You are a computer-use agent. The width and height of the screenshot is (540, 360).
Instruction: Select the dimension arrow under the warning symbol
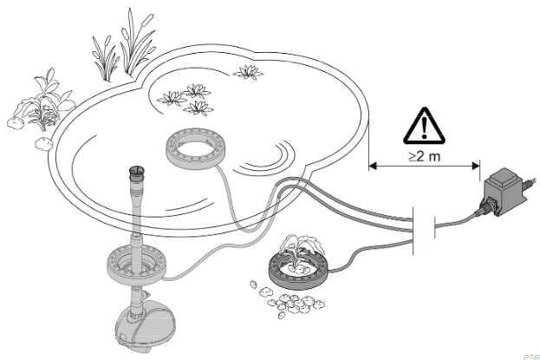coord(424,164)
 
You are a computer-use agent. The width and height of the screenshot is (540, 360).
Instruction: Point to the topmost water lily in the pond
coord(250,73)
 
